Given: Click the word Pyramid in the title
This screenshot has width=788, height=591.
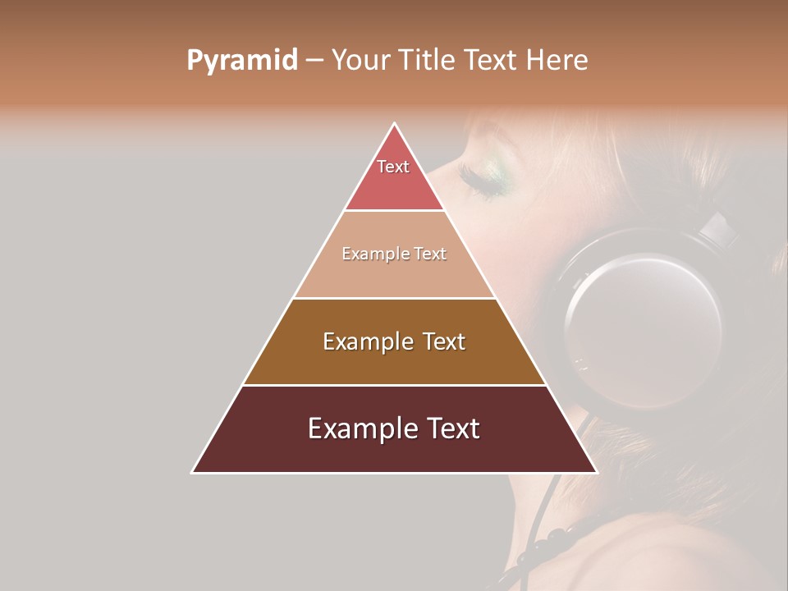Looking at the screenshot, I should (x=241, y=61).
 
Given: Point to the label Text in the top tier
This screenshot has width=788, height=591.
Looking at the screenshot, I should (x=393, y=167).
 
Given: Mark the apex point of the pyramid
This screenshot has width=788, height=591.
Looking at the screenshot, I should (x=395, y=124).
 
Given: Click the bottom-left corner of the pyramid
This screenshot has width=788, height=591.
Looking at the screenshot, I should (x=193, y=472).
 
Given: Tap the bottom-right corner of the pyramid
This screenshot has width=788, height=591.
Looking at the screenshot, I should (x=596, y=472).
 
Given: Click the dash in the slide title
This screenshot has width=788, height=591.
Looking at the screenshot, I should (x=315, y=61).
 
